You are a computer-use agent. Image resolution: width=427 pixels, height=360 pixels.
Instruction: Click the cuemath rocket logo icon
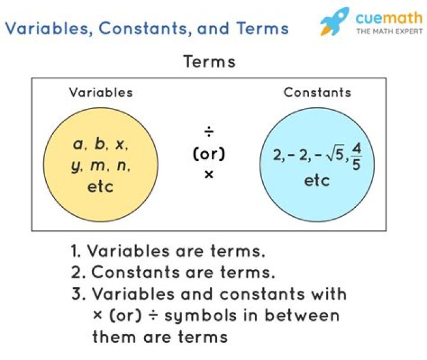pyautogui.click(x=334, y=22)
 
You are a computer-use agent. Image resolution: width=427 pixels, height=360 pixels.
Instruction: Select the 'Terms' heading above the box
pyautogui.click(x=209, y=62)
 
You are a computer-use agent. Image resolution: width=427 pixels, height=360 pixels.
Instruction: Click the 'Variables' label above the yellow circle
pyautogui.click(x=101, y=92)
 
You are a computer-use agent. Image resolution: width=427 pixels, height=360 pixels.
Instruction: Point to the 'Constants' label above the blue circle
pyautogui.click(x=317, y=92)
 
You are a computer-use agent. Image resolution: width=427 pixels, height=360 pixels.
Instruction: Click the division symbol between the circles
pyautogui.click(x=209, y=131)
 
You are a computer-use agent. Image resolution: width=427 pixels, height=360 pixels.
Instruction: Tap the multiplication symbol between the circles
pyautogui.click(x=209, y=175)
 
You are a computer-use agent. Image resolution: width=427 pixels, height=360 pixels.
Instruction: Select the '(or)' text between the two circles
pyautogui.click(x=209, y=153)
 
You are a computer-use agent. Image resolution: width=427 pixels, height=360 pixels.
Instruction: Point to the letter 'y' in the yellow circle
pyautogui.click(x=75, y=166)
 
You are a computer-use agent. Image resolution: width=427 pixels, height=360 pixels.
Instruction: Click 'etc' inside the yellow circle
pyautogui.click(x=100, y=187)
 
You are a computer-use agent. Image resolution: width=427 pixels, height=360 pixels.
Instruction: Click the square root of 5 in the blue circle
pyautogui.click(x=333, y=156)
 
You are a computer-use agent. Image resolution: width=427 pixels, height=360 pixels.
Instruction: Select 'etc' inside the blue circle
pyautogui.click(x=317, y=180)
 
